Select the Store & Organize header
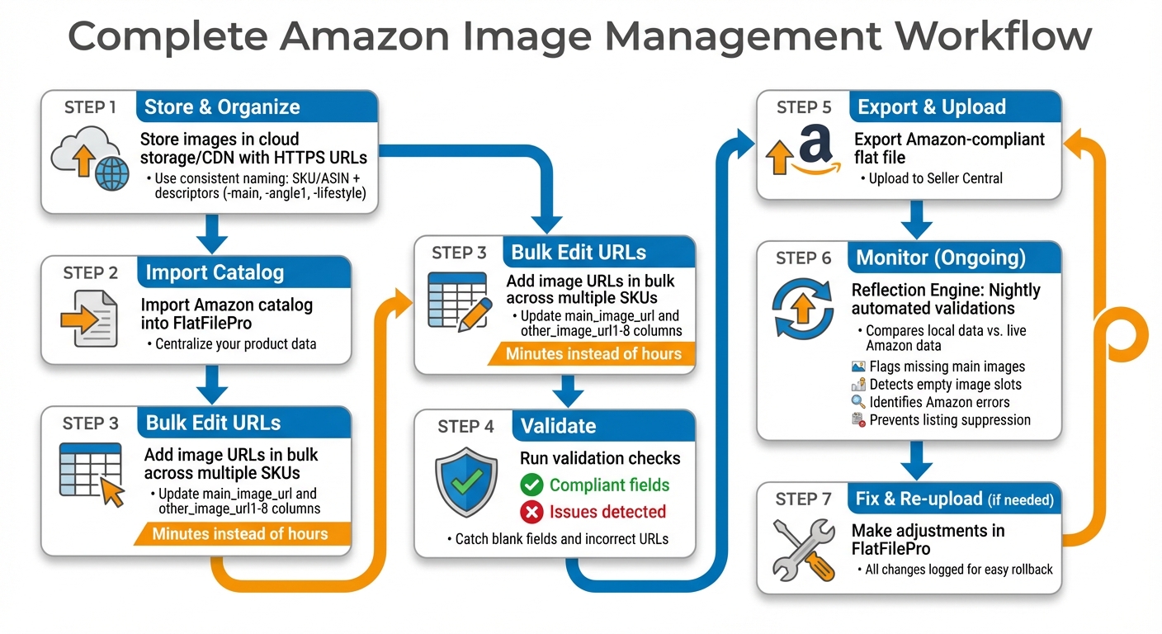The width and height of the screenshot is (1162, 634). click(222, 107)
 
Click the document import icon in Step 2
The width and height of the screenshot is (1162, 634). click(88, 317)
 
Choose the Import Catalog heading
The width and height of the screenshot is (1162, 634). click(215, 272)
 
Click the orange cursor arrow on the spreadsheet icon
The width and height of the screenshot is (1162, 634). click(111, 493)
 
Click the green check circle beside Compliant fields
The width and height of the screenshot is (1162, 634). click(532, 485)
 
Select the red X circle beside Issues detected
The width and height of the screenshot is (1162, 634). click(532, 512)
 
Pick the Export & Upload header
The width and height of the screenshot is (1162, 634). click(932, 107)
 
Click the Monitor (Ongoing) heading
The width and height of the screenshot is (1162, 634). click(941, 258)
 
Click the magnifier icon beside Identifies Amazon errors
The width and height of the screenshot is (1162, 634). click(857, 403)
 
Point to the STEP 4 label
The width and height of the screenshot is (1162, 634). click(465, 426)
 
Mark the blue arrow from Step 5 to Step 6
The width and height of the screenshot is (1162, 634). click(916, 219)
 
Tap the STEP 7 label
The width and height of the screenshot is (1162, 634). click(803, 499)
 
